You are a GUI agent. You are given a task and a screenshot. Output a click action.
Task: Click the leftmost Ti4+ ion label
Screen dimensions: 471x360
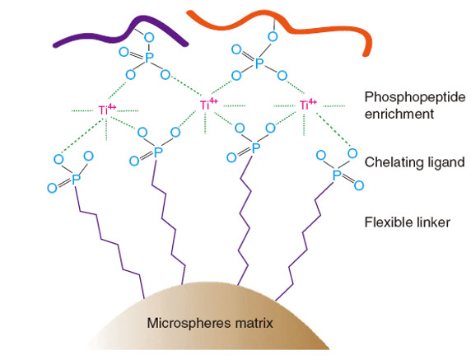pos(107,110)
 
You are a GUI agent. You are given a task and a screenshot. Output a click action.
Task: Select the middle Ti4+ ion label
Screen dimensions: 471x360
pos(209,104)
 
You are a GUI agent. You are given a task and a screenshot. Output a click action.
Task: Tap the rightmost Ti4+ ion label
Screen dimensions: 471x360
pos(308,105)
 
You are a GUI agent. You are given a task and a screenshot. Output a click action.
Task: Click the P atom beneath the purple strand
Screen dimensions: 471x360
pos(149,58)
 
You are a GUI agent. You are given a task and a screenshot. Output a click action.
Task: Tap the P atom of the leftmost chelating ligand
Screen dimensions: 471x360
pos(76,180)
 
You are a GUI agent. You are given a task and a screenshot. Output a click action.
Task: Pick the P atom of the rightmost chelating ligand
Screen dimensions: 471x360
pos(337,175)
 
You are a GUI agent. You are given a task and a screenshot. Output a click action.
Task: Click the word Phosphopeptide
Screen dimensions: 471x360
pos(415,97)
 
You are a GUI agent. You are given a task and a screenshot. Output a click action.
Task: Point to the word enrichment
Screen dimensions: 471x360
pos(399,115)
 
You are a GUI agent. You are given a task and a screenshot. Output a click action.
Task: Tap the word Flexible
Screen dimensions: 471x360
pos(389,222)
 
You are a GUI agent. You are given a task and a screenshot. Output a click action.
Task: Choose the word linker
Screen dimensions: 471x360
pos(433,222)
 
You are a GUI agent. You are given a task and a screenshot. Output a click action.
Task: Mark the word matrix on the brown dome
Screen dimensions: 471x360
pos(254,323)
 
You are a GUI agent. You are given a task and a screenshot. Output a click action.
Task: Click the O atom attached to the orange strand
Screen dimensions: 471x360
pos(273,37)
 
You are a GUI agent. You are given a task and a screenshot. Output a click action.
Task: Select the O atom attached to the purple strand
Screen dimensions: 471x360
pos(149,38)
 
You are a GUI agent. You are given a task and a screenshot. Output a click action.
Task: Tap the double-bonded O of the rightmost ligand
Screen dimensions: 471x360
pos(359,185)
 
